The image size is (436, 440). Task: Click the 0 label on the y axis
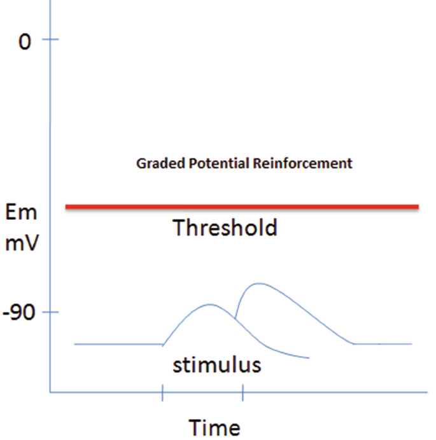click(25, 41)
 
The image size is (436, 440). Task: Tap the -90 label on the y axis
click(19, 312)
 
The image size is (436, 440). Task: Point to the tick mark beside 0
click(50, 39)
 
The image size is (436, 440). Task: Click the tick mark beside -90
click(50, 312)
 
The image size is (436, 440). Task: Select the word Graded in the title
click(160, 163)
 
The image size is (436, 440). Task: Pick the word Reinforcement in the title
click(302, 163)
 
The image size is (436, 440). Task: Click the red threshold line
click(242, 207)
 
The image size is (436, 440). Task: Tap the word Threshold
click(225, 228)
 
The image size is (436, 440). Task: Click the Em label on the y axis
click(21, 212)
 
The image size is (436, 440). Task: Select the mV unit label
click(22, 242)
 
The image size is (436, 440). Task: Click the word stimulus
click(217, 365)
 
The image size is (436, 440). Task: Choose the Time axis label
click(214, 427)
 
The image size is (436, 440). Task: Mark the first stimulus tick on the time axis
click(162, 392)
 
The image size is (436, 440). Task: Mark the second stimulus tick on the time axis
click(243, 392)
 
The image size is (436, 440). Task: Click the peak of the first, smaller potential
click(209, 304)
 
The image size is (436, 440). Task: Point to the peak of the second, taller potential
click(258, 284)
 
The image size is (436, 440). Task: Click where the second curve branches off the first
click(235, 318)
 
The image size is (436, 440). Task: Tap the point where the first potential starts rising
click(163, 345)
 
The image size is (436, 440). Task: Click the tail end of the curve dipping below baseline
click(309, 358)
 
